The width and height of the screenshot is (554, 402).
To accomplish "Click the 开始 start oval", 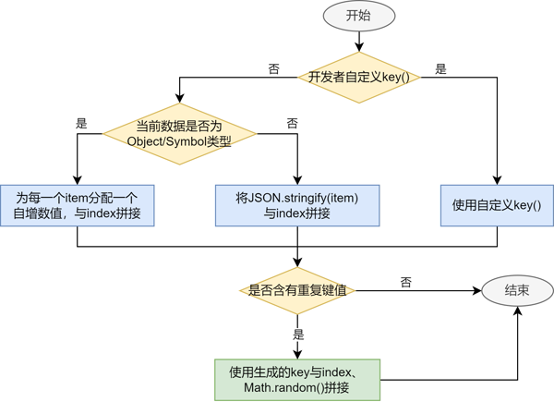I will tap(359, 16).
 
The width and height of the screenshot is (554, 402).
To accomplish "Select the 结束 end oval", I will tap(517, 290).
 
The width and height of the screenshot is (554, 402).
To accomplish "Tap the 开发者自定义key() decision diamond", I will tap(359, 77).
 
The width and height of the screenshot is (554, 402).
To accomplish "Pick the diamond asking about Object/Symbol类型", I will tap(179, 134).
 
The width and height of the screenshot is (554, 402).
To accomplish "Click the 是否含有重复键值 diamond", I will tap(297, 290).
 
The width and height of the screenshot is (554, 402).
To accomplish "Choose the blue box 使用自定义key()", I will tap(497, 205).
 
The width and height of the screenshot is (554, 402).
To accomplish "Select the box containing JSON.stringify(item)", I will tap(297, 205).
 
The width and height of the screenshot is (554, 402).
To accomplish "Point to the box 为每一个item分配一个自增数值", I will tap(78, 205).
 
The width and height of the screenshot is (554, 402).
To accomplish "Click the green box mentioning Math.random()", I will tap(297, 379).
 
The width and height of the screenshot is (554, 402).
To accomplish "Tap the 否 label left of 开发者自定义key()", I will tap(273, 69).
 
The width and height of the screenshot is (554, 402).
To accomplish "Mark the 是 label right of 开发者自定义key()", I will tap(440, 69).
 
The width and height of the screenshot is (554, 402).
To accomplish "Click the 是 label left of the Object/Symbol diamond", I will tap(81, 124).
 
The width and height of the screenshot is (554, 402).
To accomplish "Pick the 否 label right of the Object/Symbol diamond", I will tap(292, 124).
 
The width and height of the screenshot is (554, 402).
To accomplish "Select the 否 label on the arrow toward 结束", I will tap(406, 282).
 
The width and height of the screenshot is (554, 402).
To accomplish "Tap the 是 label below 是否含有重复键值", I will tap(298, 335).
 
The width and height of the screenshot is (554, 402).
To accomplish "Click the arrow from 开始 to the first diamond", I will tap(359, 40).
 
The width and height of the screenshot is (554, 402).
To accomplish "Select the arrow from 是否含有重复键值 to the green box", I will tap(297, 336).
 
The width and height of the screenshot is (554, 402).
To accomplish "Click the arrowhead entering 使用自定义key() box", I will tap(497, 180).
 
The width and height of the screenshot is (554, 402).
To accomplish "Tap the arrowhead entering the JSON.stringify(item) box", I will tap(297, 180).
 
